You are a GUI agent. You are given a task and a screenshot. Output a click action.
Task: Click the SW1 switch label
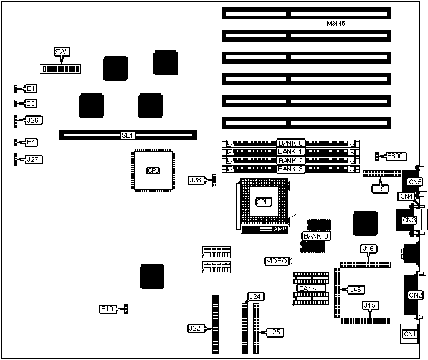point(62,52)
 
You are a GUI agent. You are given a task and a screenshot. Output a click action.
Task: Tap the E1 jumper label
point(31,89)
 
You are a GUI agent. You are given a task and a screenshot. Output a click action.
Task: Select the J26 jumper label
point(33,120)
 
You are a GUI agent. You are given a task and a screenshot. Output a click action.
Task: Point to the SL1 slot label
point(128,135)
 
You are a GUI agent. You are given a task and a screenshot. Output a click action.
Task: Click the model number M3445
point(336,24)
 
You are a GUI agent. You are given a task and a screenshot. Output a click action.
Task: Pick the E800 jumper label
point(395,156)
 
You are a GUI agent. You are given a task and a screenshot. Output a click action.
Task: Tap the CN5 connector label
point(415,182)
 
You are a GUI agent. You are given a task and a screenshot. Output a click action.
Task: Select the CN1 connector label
point(409,334)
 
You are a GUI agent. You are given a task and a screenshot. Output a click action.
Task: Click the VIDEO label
point(277,260)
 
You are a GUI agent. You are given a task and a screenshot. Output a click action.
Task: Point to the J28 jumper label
point(196,180)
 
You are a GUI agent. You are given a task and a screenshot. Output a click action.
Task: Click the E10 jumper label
point(108,309)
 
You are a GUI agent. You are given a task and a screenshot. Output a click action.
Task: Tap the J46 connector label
point(356,290)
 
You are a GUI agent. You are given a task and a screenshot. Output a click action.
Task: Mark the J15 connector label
point(370,305)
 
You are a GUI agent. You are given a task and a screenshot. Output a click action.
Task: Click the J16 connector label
point(368,249)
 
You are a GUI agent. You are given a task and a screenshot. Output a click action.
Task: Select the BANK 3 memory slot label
point(290,169)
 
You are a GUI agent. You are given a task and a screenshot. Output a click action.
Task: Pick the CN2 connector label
point(414,295)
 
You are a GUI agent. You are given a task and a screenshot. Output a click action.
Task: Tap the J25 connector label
point(274,332)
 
